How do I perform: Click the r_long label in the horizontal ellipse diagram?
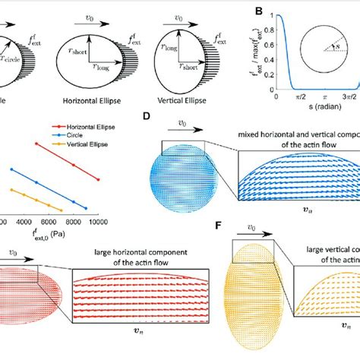tap(101, 68)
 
